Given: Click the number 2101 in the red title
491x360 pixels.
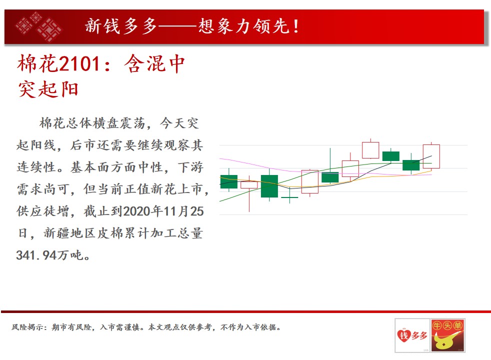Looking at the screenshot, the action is pyautogui.click(x=79, y=63).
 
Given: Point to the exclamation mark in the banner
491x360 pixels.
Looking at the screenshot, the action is pyautogui.click(x=296, y=26).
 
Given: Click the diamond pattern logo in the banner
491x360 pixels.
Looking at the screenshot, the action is pyautogui.click(x=39, y=26).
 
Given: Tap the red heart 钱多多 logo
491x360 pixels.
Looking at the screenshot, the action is pyautogui.click(x=412, y=335).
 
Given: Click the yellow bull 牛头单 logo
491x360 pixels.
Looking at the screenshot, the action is pyautogui.click(x=447, y=335).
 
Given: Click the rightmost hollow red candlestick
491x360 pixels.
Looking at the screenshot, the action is pyautogui.click(x=431, y=156).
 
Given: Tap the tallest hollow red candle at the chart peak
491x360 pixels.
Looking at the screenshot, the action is pyautogui.click(x=370, y=150).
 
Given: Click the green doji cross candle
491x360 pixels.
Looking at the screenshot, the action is pyautogui.click(x=289, y=197).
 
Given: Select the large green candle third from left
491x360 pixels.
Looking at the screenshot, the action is pyautogui.click(x=269, y=186).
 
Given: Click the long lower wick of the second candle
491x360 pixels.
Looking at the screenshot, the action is pyautogui.click(x=249, y=200).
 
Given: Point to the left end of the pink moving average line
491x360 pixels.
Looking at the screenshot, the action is pyautogui.click(x=220, y=158).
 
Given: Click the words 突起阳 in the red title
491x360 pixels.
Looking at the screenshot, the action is pyautogui.click(x=48, y=89).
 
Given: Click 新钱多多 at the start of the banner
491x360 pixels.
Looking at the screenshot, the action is pyautogui.click(x=121, y=26).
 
